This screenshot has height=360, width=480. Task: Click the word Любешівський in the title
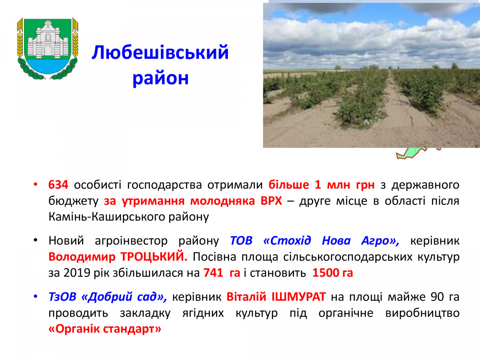[x=160, y=52]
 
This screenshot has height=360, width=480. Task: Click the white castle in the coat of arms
[x=48, y=40]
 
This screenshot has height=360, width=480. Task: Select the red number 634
[x=58, y=185]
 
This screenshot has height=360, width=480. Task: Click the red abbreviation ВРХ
[x=271, y=201]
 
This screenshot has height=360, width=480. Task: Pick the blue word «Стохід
[x=287, y=240]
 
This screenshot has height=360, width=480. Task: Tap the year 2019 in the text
[x=77, y=273]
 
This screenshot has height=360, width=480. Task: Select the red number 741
[x=213, y=273]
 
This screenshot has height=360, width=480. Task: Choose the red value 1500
[x=325, y=273]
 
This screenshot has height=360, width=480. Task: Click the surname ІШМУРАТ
[x=298, y=297]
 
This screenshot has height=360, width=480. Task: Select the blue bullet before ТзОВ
[x=36, y=297]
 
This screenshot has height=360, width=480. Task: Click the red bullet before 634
[x=36, y=185]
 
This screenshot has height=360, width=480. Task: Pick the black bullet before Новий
[x=36, y=240]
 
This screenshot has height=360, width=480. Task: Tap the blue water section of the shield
[x=48, y=66]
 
